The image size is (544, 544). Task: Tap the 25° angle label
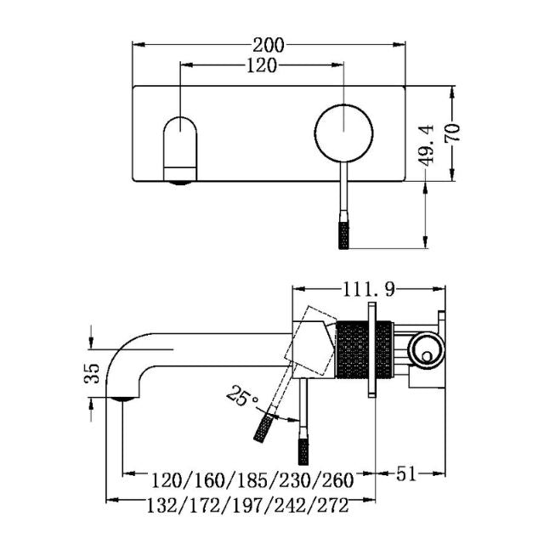[242, 395]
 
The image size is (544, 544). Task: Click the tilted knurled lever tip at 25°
[264, 427]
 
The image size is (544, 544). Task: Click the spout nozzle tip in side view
[124, 396]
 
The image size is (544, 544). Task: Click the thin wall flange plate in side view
[371, 348]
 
